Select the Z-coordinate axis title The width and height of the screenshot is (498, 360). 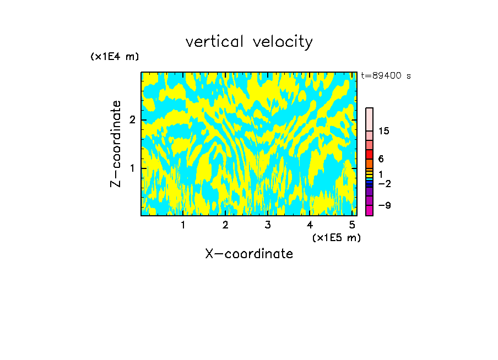(x=116, y=144)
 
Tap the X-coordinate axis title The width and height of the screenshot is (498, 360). (x=249, y=254)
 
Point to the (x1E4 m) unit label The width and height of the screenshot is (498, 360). (x=115, y=57)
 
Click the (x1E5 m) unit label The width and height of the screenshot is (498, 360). (x=336, y=237)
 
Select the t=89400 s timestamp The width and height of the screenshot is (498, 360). (x=386, y=76)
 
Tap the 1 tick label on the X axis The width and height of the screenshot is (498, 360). (x=183, y=225)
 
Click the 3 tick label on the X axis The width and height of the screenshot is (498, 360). (x=267, y=225)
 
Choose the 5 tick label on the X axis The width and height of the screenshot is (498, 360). (x=352, y=225)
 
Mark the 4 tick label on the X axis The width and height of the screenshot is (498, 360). (x=310, y=225)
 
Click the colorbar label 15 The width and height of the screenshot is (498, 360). (x=384, y=131)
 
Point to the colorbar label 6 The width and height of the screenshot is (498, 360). (x=381, y=159)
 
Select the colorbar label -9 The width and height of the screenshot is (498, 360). (x=384, y=205)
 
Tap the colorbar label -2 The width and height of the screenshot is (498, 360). (x=384, y=183)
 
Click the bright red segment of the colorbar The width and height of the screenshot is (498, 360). (x=369, y=154)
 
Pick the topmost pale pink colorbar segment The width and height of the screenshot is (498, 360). (x=369, y=119)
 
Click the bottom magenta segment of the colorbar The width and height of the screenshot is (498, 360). (x=369, y=210)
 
